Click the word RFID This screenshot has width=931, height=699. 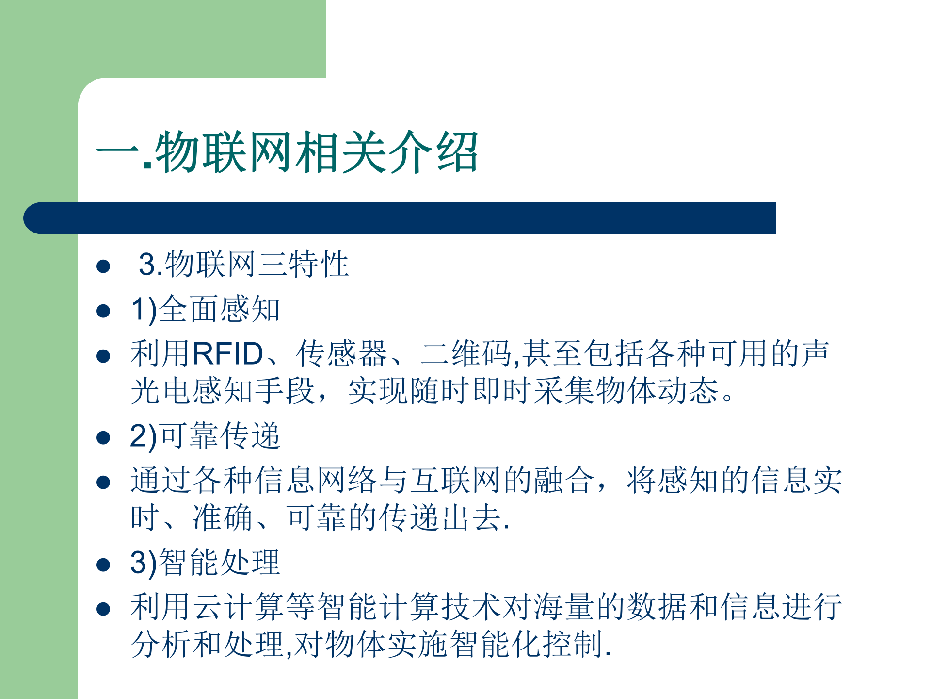click(x=228, y=353)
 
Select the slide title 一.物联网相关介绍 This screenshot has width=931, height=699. click(x=287, y=152)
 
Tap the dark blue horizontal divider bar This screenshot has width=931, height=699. click(x=400, y=218)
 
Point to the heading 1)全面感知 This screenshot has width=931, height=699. click(x=205, y=309)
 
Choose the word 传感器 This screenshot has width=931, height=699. click(x=342, y=353)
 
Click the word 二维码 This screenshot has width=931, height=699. click(x=466, y=353)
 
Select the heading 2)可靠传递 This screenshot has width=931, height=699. click(x=205, y=435)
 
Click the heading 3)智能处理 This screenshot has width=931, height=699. click(x=205, y=563)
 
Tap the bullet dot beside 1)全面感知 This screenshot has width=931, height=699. click(x=103, y=311)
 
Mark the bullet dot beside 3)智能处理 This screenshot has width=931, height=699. click(x=103, y=564)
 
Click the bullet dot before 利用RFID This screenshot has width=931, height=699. click(x=103, y=356)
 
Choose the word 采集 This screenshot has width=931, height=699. click(x=564, y=391)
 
